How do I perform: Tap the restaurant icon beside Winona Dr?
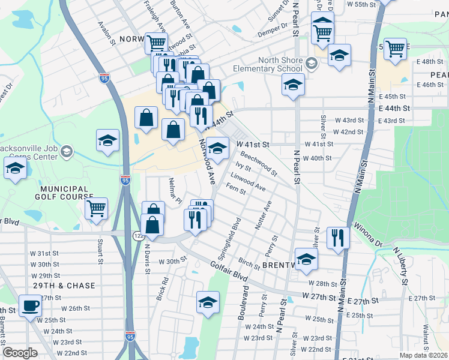coord(339,237)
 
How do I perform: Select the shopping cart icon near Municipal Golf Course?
coord(96,208)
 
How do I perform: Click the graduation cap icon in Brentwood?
coord(306,259)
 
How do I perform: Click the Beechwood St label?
coord(258,164)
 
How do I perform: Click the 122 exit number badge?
coord(138,236)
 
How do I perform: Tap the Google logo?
coord(20,353)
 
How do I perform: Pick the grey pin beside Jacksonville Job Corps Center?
coord(67,151)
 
